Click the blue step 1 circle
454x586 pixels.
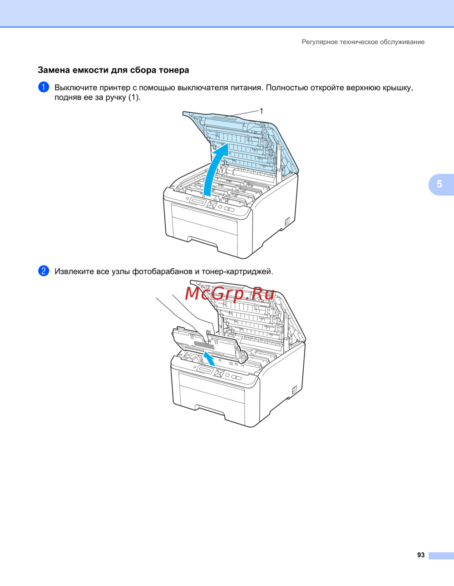click(44, 87)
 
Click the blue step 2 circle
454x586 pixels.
click(44, 271)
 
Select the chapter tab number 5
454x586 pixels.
click(439, 184)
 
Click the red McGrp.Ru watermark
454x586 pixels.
click(230, 294)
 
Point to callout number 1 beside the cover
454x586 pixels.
click(261, 111)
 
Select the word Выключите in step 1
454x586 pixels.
click(76, 88)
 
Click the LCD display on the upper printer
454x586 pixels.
click(197, 202)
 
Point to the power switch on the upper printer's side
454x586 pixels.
click(287, 222)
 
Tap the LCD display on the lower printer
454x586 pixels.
click(205, 370)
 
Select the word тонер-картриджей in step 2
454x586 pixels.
click(237, 271)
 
